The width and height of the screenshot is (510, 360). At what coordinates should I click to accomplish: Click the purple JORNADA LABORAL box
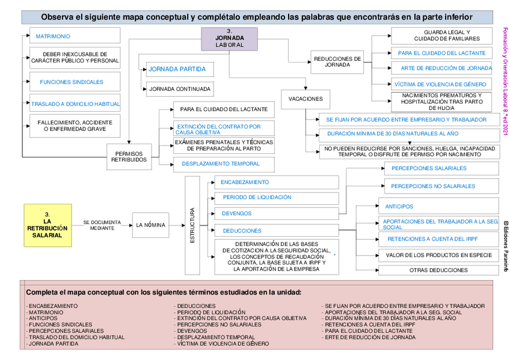click(x=229, y=40)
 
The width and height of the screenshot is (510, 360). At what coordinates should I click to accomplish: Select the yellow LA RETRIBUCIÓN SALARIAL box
click(x=48, y=225)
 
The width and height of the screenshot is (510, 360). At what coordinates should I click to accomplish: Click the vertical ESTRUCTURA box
click(x=192, y=225)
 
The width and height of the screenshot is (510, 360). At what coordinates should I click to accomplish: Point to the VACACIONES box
click(x=306, y=99)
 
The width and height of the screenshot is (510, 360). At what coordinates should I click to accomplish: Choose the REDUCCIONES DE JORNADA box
click(x=337, y=62)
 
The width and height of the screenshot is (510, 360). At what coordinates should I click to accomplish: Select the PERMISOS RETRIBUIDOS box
click(x=129, y=156)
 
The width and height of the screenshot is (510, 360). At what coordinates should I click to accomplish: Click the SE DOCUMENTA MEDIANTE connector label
click(x=102, y=225)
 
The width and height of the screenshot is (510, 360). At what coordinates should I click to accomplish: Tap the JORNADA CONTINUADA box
click(x=180, y=89)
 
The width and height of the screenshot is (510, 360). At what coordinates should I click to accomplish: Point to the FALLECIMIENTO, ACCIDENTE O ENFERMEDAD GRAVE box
click(x=75, y=126)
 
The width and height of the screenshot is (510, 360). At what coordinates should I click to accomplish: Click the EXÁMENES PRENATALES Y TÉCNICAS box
click(x=223, y=145)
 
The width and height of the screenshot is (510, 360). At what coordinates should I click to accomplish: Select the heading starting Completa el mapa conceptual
click(x=164, y=292)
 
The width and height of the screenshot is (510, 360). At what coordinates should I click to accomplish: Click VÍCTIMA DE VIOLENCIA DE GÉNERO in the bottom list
click(x=223, y=344)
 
